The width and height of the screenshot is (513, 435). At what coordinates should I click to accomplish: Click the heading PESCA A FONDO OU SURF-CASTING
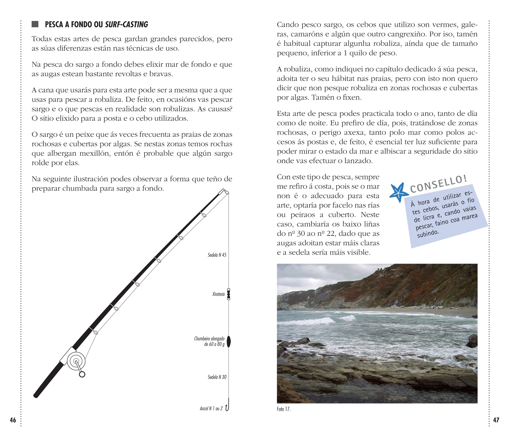[x=96, y=25]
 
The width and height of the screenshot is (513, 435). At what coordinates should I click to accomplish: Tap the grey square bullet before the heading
[x=35, y=24]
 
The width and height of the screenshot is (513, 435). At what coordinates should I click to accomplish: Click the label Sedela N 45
[x=217, y=255]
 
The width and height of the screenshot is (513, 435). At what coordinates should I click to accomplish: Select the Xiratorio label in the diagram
[x=218, y=294]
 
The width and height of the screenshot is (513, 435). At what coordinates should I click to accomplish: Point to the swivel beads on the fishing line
[x=229, y=294]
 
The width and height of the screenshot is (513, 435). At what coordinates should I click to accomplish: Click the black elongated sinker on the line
[x=229, y=341]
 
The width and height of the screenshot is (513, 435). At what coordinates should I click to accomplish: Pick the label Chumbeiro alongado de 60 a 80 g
[x=209, y=341]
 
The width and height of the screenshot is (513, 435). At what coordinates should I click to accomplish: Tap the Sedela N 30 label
[x=217, y=377]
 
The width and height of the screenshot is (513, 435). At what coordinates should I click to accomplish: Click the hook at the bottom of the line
[x=227, y=407]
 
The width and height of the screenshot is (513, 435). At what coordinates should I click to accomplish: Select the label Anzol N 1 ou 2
[x=211, y=409]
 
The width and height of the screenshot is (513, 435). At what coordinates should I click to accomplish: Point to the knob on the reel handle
[x=82, y=374]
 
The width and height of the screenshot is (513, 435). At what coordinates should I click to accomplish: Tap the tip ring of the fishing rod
[x=227, y=193]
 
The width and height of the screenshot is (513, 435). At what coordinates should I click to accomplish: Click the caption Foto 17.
[x=283, y=409]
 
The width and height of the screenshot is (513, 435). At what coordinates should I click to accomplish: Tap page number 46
[x=13, y=420]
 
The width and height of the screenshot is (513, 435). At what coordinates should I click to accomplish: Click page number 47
[x=496, y=420]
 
